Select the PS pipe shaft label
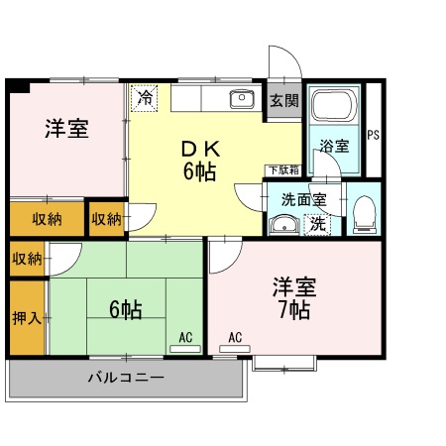pos(374,135)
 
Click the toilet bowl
pos(364,211)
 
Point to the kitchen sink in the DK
pos(241,98)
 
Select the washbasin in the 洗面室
pos(285,225)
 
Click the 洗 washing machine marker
pos(317,223)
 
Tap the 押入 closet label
pos(27,318)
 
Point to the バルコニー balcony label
pos(125,378)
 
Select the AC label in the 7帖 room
pos(235,338)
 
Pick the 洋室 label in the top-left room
pos(66,130)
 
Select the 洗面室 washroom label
pos(303,197)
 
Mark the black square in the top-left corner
pos(17,86)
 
